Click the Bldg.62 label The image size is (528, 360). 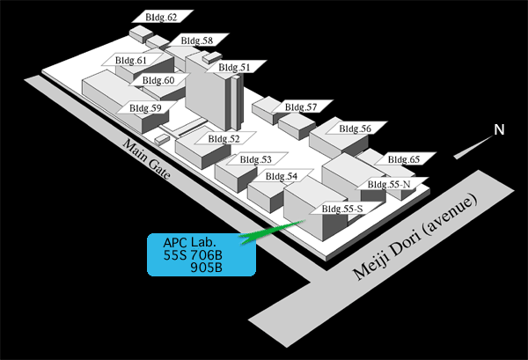pyautogui.click(x=162, y=17)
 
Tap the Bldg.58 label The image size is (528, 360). pyautogui.click(x=198, y=40)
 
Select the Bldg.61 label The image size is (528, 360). pyautogui.click(x=132, y=60)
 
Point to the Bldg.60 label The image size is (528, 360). pyautogui.click(x=159, y=80)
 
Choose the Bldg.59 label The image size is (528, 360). pyautogui.click(x=146, y=107)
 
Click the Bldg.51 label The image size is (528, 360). pyautogui.click(x=235, y=67)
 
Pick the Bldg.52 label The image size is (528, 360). pyautogui.click(x=224, y=138)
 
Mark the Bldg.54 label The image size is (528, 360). pyautogui.click(x=282, y=176)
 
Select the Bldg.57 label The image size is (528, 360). pyautogui.click(x=302, y=107)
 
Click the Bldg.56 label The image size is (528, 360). pyautogui.click(x=356, y=129)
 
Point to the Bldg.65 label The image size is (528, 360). pyautogui.click(x=405, y=159)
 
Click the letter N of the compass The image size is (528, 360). pyautogui.click(x=499, y=129)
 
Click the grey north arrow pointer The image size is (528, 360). pyautogui.click(x=473, y=148)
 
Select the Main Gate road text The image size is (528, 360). pyautogui.click(x=146, y=158)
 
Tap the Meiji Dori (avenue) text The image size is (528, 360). pyautogui.click(x=414, y=237)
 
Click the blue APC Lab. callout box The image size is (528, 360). pyautogui.click(x=202, y=254)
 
